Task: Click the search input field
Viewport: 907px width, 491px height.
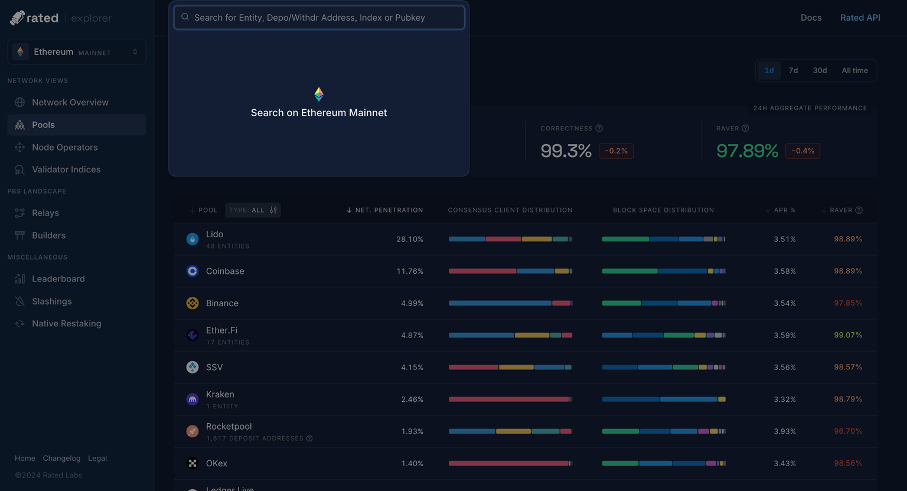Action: (x=319, y=18)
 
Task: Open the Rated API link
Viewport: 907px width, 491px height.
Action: (x=860, y=18)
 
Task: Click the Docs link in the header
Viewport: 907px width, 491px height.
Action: (x=811, y=18)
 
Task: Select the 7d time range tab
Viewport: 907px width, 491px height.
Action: (x=793, y=70)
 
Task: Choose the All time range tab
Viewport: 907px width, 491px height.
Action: (x=854, y=70)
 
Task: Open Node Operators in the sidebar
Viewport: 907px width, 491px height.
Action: (x=65, y=147)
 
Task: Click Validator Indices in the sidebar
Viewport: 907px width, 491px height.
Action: (x=66, y=169)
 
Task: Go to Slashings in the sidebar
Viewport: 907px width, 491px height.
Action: (x=52, y=301)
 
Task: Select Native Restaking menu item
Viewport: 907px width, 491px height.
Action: (x=67, y=323)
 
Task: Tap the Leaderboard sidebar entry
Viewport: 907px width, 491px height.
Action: (x=58, y=279)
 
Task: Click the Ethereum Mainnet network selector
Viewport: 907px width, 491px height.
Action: (x=77, y=52)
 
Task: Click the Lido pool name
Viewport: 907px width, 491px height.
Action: (x=214, y=234)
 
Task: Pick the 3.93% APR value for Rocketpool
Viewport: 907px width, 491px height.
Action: (x=785, y=431)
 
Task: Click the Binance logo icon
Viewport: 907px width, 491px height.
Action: (x=193, y=303)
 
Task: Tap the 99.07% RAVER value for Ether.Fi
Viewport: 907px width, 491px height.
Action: (x=848, y=335)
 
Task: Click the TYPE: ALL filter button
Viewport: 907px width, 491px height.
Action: (x=253, y=210)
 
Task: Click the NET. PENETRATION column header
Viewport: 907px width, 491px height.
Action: (x=389, y=210)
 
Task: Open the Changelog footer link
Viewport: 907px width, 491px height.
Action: (x=61, y=459)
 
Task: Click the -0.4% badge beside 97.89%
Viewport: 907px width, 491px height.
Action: (x=802, y=151)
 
